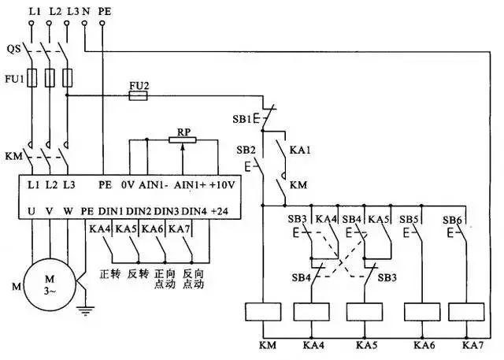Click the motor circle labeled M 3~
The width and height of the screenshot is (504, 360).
(49, 283)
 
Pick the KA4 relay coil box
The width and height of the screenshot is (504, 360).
(309, 312)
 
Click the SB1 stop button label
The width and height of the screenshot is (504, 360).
(242, 119)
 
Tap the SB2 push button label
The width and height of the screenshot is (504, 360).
(246, 149)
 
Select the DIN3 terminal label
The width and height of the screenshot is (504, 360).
(167, 211)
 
